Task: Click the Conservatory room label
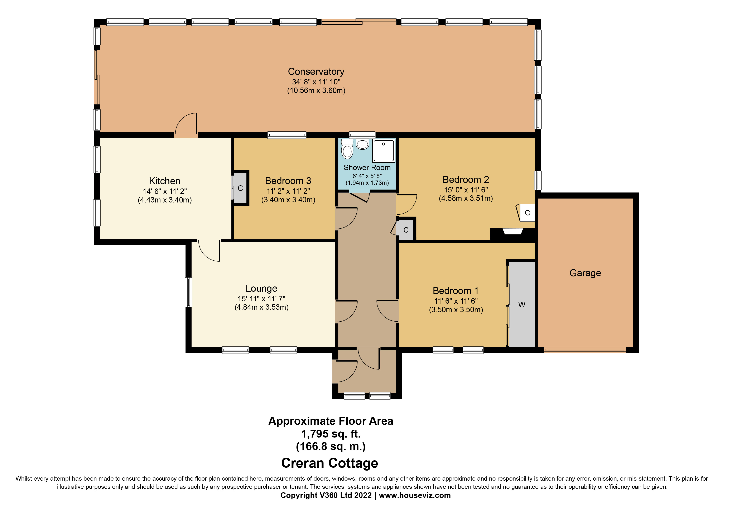316,71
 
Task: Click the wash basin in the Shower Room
362,144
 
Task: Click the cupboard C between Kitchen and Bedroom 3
240,188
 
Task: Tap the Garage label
585,273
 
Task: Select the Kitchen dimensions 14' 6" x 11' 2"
164,191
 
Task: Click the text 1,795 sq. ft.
331,434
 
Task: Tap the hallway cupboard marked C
405,230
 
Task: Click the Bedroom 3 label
288,181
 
